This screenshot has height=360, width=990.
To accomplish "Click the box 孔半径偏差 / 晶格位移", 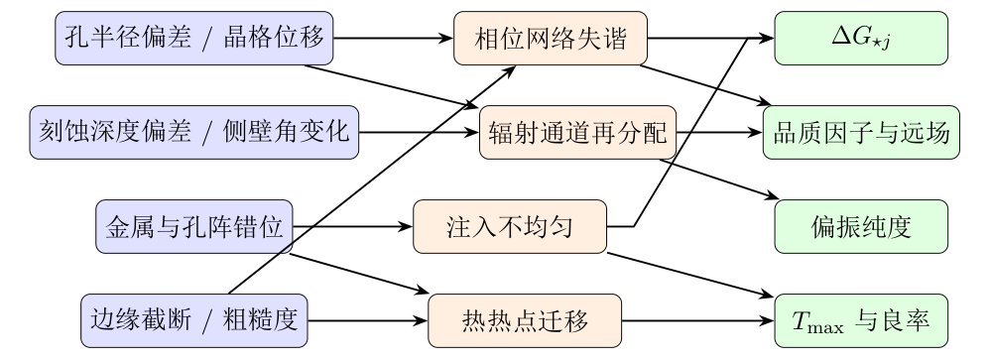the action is coord(193,38).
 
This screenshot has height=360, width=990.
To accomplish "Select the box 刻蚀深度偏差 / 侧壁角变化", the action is coord(193,132).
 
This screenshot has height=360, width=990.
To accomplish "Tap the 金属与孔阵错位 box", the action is coord(193,226).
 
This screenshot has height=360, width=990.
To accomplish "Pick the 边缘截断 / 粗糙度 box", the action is coord(193,320).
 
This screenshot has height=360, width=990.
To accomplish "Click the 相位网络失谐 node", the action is coord(551,38).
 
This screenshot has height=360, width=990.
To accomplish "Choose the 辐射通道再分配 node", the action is coord(577,132).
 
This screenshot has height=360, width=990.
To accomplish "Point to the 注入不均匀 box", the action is coord(510,226).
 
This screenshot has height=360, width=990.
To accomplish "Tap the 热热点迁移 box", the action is coord(525,320).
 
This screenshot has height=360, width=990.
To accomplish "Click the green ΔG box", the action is coord(861,38).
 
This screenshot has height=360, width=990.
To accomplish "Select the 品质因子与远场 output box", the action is coord(861,132).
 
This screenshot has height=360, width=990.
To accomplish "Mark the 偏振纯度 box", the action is coord(861,226).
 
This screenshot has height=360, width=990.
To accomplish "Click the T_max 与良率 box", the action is coord(861,320).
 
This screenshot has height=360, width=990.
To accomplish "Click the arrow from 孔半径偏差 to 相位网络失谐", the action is coord(394,38).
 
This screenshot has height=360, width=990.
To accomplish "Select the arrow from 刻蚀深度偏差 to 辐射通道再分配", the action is coord(420,132).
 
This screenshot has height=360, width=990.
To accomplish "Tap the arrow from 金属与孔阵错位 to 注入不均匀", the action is coord(353,226).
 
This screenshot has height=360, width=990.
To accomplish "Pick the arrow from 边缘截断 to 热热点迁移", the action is coord(368,320).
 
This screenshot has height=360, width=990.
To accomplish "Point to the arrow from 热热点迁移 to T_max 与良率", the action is coord(698,320).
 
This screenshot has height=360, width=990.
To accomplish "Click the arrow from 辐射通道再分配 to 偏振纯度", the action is coord(719,180).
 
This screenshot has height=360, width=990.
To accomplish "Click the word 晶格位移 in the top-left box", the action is coord(274,38).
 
